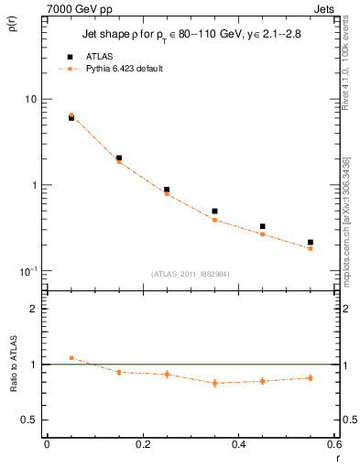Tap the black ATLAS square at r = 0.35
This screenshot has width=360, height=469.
tap(214, 212)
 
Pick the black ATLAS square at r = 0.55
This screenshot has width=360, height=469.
tap(311, 243)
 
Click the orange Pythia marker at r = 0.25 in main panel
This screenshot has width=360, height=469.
tap(167, 193)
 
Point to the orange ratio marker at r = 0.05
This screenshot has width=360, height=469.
tap(71, 358)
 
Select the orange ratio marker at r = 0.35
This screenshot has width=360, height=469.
tap(214, 383)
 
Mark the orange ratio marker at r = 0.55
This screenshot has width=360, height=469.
tap(311, 377)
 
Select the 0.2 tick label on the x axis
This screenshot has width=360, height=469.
tap(142, 443)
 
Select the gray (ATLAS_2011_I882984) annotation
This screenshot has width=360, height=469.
tap(191, 274)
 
